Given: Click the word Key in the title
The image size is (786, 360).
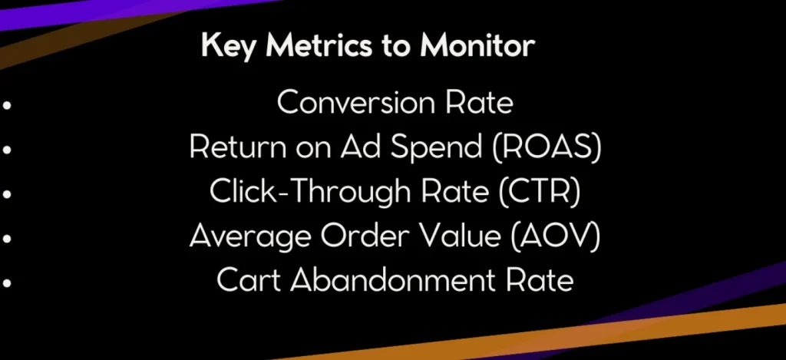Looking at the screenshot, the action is (226, 46).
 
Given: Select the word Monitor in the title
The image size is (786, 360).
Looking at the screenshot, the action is (477, 45).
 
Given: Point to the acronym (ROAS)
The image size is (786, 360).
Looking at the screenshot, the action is (547, 147).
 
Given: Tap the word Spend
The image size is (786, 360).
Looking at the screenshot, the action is (444, 148).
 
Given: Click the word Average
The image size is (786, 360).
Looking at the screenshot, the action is (249, 236).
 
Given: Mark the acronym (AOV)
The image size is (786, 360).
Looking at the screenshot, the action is (556, 236).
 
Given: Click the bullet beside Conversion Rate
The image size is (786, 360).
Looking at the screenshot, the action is (6, 105).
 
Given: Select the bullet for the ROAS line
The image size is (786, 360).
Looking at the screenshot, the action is (6, 150).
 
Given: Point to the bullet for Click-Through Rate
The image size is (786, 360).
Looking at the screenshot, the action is (6, 194).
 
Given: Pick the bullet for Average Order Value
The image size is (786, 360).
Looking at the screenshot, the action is (6, 239).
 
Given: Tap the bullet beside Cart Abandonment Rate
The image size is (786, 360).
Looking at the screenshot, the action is (6, 282).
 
